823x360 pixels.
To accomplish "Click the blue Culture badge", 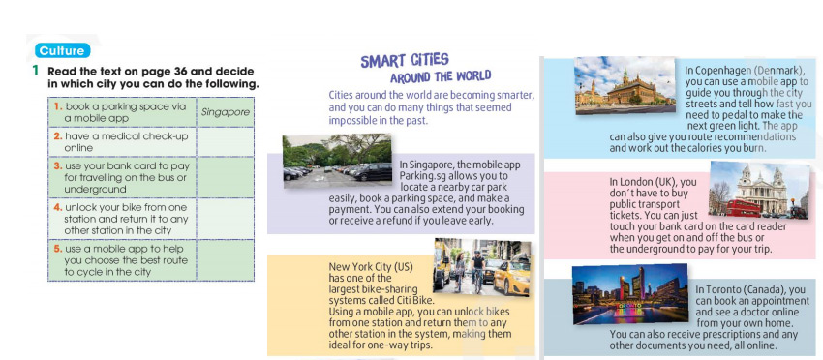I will coord(63,50).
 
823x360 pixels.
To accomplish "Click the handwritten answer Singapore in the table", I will coord(225,111).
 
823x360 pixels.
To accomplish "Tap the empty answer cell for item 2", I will coord(225,142).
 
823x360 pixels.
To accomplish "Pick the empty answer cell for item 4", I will coord(225,220).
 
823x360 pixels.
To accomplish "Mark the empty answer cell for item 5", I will coord(225,259).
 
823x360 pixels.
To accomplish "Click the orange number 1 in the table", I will coord(58,105).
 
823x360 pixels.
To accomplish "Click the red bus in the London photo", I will coord(747,205).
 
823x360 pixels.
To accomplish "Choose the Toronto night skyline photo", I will coord(629,295).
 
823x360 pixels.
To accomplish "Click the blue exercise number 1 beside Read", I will coord(35,71).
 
